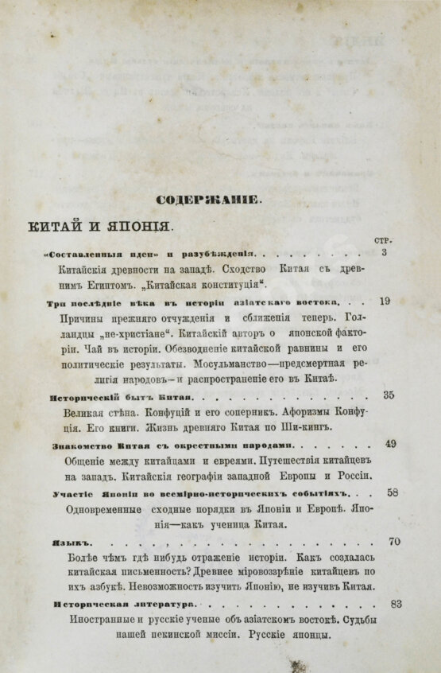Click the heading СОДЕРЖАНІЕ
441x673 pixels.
point(207,200)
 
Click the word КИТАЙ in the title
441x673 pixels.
point(60,225)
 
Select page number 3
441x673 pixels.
point(385,253)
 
